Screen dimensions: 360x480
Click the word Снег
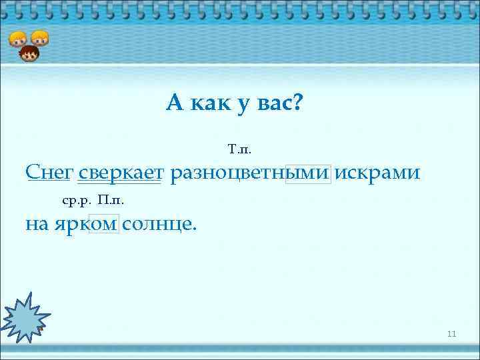click(49, 173)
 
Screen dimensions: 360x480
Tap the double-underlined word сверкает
click(120, 173)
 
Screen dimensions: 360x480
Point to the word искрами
click(377, 173)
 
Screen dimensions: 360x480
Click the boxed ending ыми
click(307, 173)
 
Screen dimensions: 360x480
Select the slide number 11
click(451, 334)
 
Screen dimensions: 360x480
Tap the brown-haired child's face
click(29, 54)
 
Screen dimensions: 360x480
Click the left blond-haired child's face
click(17, 39)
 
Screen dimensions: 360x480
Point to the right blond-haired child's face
click(40, 38)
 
